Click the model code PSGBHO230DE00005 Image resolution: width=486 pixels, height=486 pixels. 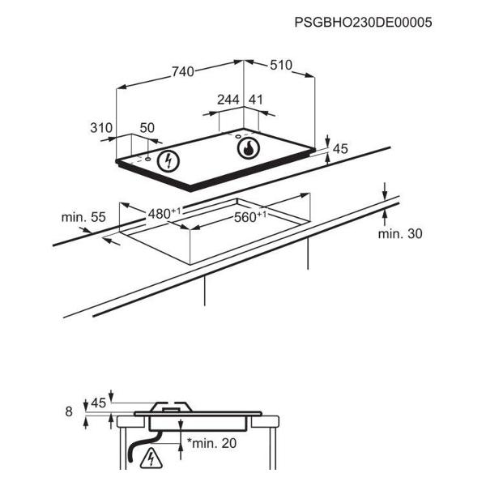pos(363,23)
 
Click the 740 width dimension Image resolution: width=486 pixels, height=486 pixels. pos(183,72)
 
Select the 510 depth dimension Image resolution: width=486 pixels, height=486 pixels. pos(281,65)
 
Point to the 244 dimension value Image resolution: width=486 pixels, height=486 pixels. pos(228,100)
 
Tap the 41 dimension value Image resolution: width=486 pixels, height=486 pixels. pos(256,100)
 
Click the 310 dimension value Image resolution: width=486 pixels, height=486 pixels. pos(101,128)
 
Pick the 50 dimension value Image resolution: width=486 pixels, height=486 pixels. pos(147,128)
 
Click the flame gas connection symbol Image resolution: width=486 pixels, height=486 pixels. pos(249,148)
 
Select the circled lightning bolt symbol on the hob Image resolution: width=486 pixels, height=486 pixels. pos(168,161)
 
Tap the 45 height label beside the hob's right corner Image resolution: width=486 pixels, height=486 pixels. pos(340,149)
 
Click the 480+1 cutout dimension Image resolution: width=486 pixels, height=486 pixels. pos(164,213)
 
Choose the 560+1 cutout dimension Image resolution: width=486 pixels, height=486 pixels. pos(250,216)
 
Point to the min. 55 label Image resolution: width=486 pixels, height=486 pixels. pos(83,217)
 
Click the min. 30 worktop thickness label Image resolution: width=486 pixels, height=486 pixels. pos(400,234)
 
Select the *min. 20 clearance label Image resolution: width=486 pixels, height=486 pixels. pos(211,443)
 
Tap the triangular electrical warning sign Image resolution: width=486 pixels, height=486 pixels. pos(151,458)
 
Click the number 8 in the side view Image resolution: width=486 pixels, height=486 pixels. pos(69,411)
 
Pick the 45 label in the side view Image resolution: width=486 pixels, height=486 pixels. pos(99,403)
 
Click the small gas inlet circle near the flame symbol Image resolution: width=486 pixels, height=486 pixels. pos(238,136)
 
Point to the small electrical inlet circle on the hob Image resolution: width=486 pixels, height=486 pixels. pos(148,159)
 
